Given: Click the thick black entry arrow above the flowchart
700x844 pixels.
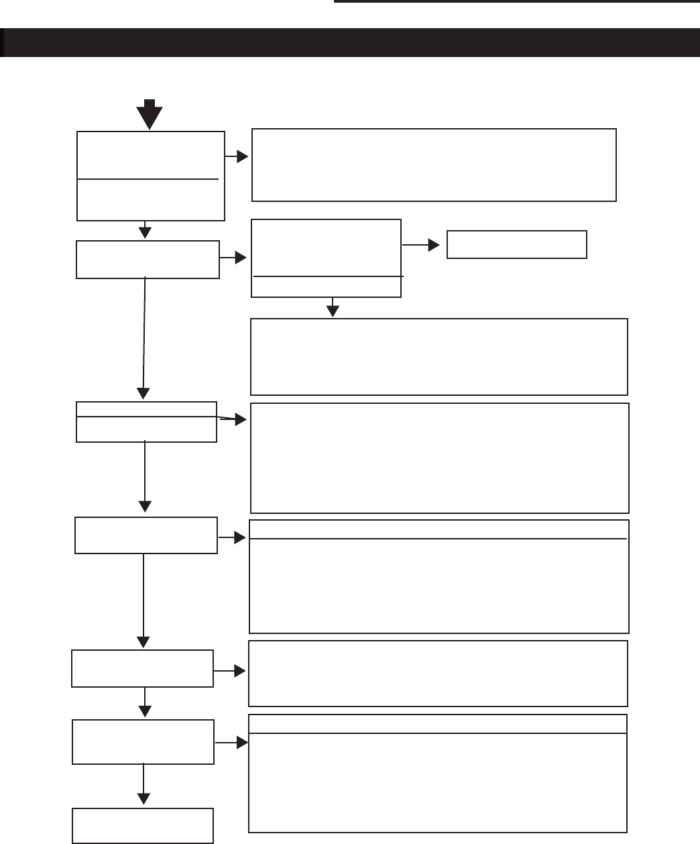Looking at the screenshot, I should coord(150,113).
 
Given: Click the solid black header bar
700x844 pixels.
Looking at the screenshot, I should coord(350,42).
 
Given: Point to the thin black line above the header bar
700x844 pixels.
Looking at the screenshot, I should coord(516,2).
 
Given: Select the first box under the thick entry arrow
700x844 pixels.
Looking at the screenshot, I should coord(151,176).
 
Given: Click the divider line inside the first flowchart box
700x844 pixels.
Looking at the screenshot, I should coord(148,179).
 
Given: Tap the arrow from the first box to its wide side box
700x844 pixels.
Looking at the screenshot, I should coord(237,157).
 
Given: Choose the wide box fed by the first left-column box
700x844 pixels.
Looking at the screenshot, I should coord(434,165).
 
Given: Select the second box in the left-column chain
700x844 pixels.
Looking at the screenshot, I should coord(148,259).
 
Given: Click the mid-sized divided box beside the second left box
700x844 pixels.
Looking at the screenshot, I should coord(326,258).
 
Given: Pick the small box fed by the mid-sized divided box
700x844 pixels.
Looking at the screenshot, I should coord(516,244).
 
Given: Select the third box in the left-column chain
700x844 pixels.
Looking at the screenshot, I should coord(146,422).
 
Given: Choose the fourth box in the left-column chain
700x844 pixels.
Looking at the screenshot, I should coord(146,535).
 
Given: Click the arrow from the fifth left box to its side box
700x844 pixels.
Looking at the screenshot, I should coord(231,671).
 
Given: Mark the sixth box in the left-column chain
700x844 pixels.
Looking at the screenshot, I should coord(143,741).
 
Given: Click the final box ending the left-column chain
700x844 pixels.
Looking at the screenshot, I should coord(143,825).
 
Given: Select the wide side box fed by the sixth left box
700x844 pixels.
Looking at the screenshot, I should coord(437,773).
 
